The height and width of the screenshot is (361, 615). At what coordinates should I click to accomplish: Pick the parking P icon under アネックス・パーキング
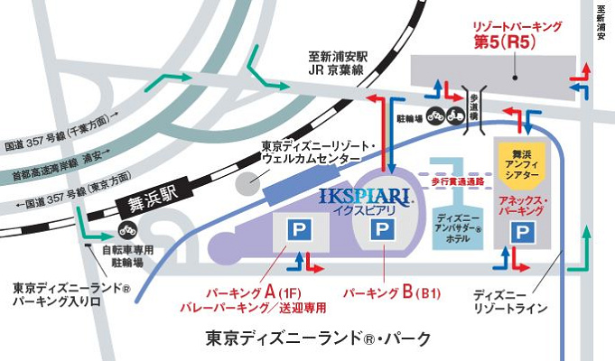point(521,234)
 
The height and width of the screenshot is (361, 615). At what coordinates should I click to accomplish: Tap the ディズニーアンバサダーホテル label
point(460,230)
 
